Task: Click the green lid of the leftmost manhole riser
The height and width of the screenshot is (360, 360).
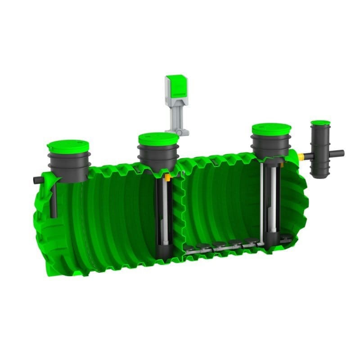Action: pyautogui.click(x=68, y=146)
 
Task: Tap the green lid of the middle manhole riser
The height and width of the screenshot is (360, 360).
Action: pyautogui.click(x=157, y=138)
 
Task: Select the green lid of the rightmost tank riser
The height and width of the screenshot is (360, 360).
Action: pyautogui.click(x=271, y=129)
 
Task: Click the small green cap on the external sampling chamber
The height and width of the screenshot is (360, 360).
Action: pyautogui.click(x=320, y=122)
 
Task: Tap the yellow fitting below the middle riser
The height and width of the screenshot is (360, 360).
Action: pyautogui.click(x=167, y=178)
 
